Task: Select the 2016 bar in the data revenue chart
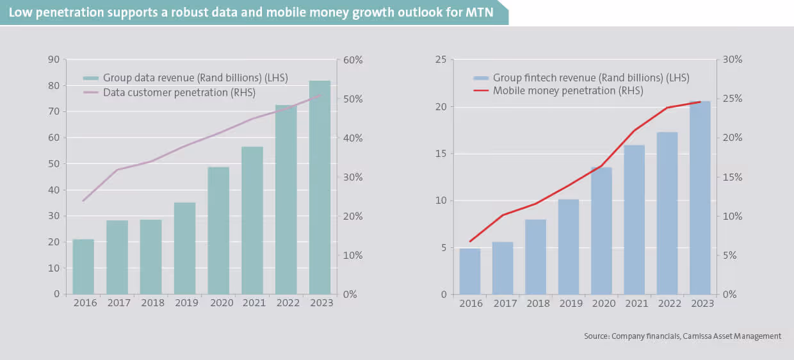[83, 266]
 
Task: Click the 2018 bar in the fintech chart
[535, 257]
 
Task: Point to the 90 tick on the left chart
[53, 60]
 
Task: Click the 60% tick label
[352, 60]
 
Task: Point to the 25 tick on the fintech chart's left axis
[441, 60]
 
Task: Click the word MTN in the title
[480, 12]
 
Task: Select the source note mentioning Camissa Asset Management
[683, 336]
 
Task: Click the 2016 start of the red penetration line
[470, 241]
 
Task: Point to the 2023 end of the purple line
[321, 95]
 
